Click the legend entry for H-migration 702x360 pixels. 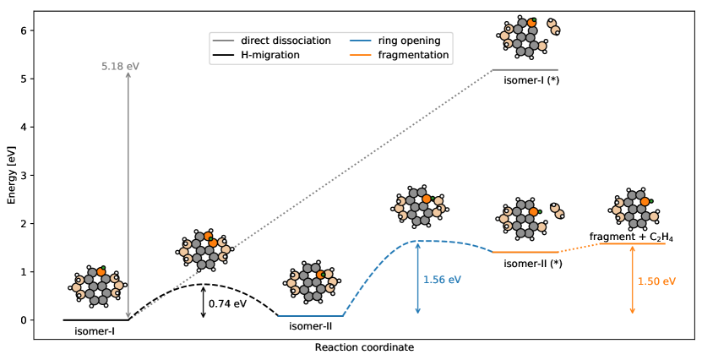point(269,55)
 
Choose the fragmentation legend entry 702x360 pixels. point(398,55)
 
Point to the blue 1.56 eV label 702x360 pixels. point(442,279)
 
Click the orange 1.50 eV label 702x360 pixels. point(656,281)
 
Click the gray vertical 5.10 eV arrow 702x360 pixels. point(128,194)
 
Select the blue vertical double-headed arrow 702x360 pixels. point(417,279)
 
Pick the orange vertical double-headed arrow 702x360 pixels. point(632,280)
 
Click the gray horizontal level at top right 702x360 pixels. point(525,69)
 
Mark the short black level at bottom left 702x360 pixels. point(95,319)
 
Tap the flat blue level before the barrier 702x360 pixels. point(310,316)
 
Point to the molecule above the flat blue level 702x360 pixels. point(313,282)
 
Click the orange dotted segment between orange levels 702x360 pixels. point(579,248)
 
